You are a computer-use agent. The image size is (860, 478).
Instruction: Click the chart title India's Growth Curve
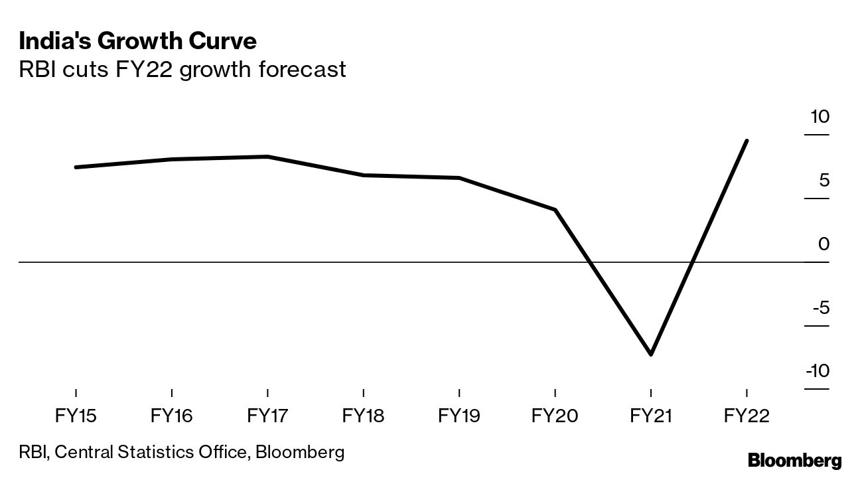(x=138, y=41)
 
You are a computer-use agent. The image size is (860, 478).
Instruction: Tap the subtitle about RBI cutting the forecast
(x=182, y=69)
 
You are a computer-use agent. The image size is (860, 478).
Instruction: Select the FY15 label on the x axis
(x=76, y=416)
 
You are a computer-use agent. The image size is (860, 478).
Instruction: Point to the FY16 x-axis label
(x=171, y=416)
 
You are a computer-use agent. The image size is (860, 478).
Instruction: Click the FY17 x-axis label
(x=267, y=416)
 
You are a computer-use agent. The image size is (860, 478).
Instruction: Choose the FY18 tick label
(x=363, y=416)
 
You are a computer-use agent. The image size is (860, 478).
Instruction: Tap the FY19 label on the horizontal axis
(x=459, y=416)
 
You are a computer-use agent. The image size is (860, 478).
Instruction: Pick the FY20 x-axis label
(x=555, y=416)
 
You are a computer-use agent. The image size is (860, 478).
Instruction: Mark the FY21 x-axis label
(x=650, y=416)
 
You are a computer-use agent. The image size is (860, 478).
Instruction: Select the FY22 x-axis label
(x=747, y=416)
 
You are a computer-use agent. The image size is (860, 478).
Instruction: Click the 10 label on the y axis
(x=820, y=117)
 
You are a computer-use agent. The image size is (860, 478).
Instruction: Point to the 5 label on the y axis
(x=824, y=181)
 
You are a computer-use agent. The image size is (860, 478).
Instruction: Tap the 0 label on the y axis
(x=824, y=244)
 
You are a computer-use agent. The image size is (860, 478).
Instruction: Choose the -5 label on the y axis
(x=820, y=308)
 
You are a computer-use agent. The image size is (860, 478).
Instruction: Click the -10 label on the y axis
(x=817, y=371)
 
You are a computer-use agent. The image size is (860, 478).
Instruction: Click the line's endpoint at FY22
(x=747, y=141)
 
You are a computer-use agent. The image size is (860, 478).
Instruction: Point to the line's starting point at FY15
(x=76, y=167)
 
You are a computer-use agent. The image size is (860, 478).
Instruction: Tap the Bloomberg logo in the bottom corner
(x=794, y=460)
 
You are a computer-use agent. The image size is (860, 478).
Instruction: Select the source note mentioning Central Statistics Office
(x=182, y=453)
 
